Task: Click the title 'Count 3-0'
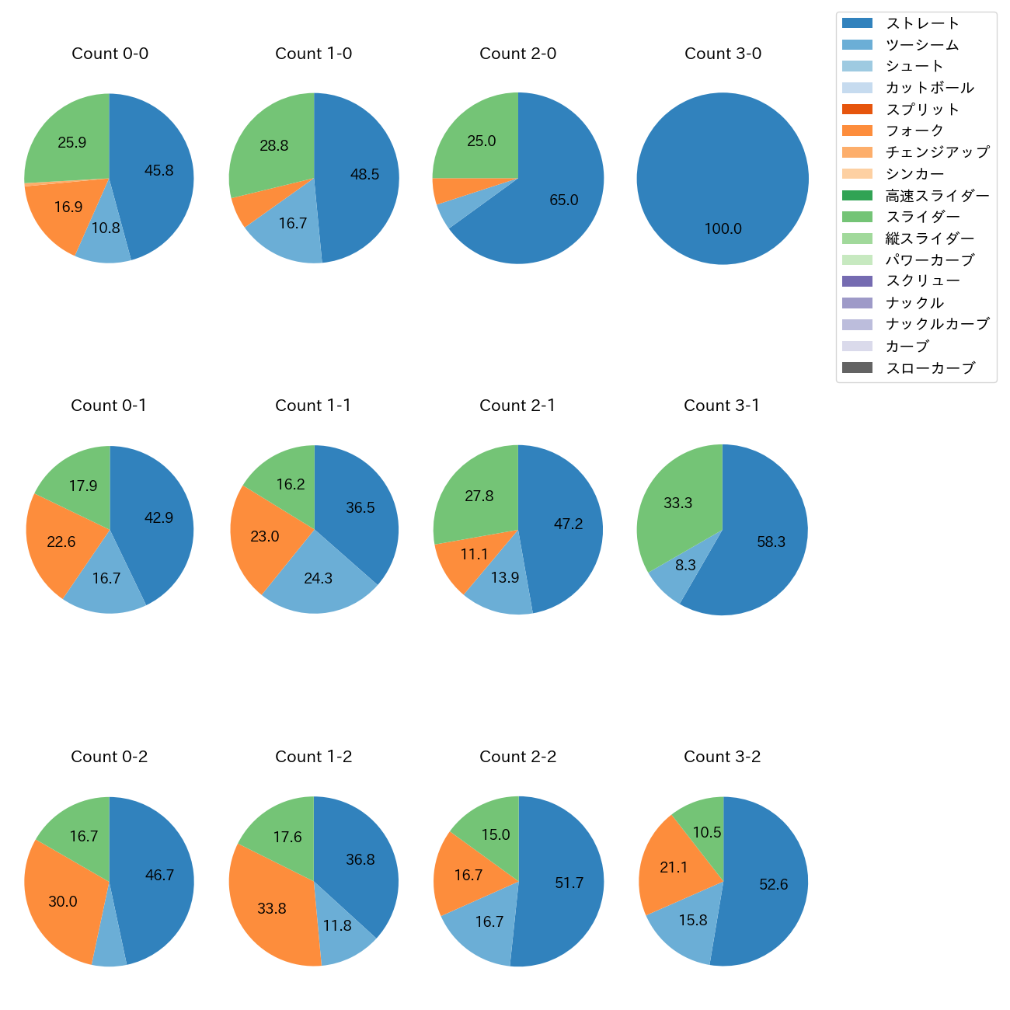[723, 54]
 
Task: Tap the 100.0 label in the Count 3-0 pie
[723, 229]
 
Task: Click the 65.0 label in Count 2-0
[563, 200]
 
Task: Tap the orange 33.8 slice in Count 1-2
[272, 908]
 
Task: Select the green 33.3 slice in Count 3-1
[677, 503]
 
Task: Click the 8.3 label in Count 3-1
[685, 566]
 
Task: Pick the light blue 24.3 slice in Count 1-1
[319, 579]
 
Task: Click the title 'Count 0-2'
[109, 757]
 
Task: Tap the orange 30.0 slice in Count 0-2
[63, 902]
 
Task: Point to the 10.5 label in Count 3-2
[707, 833]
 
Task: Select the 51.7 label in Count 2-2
[569, 883]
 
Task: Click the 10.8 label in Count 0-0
[106, 228]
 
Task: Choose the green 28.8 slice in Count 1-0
[274, 146]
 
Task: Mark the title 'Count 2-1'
[517, 406]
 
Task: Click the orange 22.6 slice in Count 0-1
[61, 542]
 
